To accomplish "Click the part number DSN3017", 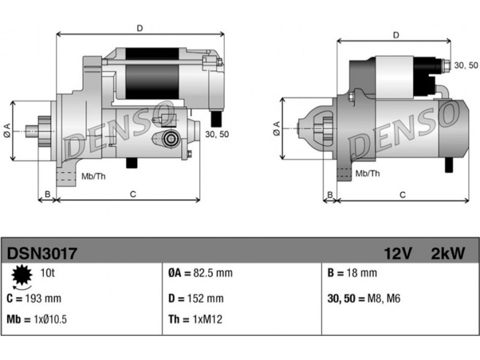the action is tap(41, 253).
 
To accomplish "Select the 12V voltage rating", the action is tap(398, 253).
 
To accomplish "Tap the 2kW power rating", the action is tap(448, 253).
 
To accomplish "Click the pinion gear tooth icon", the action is tap(22, 275).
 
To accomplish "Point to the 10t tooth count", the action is tap(47, 272).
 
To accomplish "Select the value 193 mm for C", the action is tap(43, 298).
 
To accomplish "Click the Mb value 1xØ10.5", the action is tap(50, 320).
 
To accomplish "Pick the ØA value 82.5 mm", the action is tap(213, 273).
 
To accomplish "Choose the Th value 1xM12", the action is tap(207, 320).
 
